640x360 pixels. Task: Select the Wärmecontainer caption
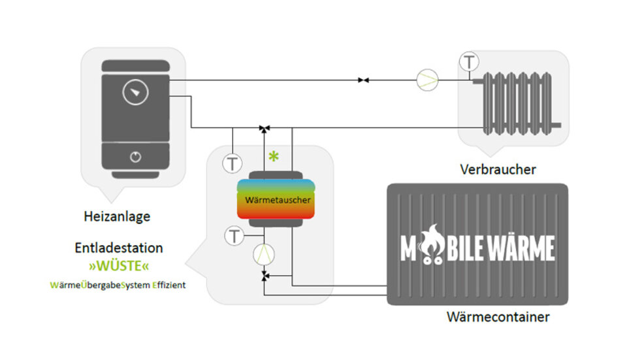click(x=498, y=318)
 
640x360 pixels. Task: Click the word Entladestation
click(x=119, y=248)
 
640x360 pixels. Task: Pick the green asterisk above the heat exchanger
click(x=274, y=157)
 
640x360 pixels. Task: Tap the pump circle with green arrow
click(x=428, y=80)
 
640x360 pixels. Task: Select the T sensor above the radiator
click(x=469, y=62)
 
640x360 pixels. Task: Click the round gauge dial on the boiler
click(x=135, y=93)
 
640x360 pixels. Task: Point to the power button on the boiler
click(x=135, y=157)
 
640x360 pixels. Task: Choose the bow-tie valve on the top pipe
click(x=363, y=80)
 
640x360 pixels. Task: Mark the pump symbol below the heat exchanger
click(x=264, y=254)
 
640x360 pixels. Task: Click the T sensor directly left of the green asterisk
click(x=232, y=163)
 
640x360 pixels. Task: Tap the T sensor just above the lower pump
click(x=234, y=235)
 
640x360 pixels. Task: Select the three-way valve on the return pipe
click(x=264, y=128)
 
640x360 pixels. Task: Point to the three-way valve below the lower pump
click(x=264, y=278)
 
